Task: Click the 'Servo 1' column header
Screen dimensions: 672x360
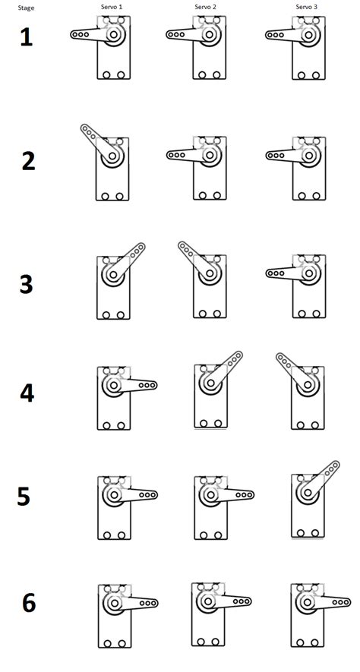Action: click(112, 7)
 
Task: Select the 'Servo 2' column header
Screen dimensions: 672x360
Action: click(205, 7)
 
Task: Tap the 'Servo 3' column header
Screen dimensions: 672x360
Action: click(306, 7)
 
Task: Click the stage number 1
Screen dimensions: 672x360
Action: click(27, 37)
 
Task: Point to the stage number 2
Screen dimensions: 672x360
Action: click(28, 162)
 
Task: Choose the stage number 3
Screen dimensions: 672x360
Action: click(27, 284)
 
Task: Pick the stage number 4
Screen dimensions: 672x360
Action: click(27, 394)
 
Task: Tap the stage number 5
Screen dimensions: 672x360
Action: click(24, 497)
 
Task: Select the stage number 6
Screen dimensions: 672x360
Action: click(28, 604)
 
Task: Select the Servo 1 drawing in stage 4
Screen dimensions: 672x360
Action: click(118, 399)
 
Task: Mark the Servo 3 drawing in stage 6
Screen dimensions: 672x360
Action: click(310, 615)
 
